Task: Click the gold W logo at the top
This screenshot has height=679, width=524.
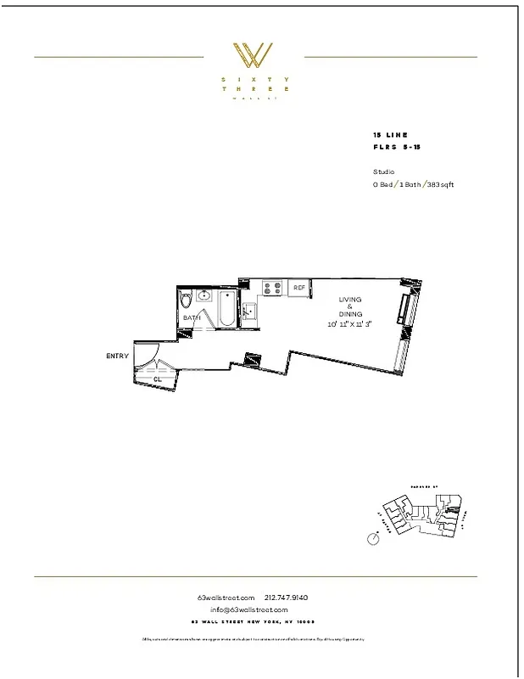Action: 254,55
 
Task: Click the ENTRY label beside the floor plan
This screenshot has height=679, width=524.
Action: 117,356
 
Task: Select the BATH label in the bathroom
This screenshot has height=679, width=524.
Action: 192,318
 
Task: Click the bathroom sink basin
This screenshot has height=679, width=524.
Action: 204,296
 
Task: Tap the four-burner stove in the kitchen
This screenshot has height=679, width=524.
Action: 271,289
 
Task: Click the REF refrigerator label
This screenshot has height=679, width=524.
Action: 298,289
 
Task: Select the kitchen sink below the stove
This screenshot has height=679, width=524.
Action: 249,310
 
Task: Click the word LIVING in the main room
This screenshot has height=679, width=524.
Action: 350,300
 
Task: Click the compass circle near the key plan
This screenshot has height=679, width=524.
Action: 371,538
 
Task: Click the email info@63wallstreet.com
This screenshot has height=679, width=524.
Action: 249,609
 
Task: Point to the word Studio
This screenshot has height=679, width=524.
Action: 383,171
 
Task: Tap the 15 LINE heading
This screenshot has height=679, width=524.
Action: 390,135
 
